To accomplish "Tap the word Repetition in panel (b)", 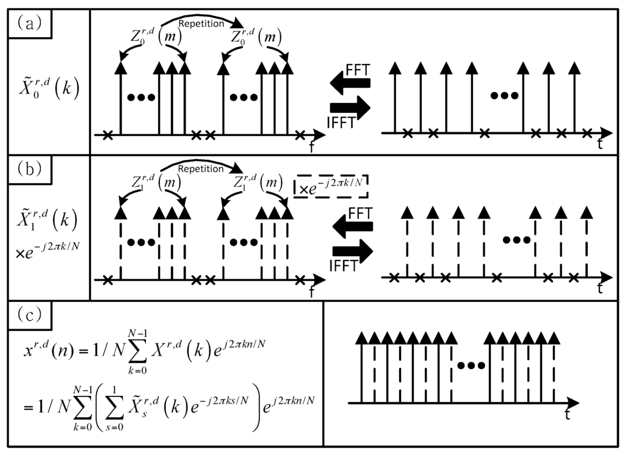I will (201, 168).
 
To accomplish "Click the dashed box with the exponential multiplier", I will (333, 184).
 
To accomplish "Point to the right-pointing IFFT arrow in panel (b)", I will (353, 251).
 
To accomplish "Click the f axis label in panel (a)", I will (312, 146).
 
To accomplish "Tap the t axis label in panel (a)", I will (601, 145).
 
